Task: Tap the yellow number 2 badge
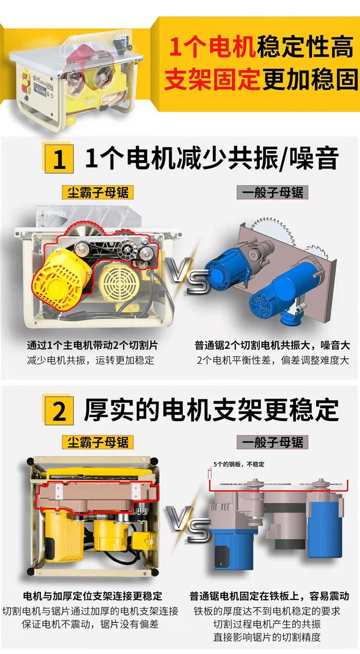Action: coord(59,410)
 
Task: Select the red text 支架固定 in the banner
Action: coord(213,80)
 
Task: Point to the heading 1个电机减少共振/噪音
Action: coord(212,159)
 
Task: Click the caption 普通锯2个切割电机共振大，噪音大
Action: coord(272,345)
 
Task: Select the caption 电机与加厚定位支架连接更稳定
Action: coord(93,596)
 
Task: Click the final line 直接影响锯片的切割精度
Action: coord(267,637)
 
